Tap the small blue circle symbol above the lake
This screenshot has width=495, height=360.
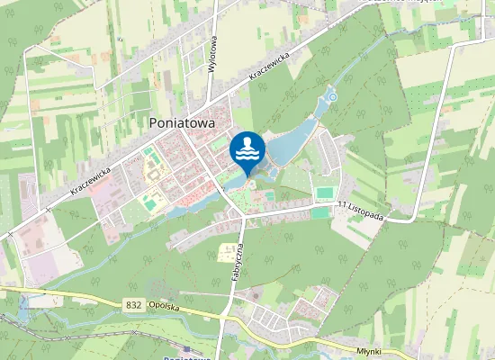coord(331,96)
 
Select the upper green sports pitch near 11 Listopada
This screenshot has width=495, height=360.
coord(325,193)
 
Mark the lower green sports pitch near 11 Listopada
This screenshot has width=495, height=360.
coord(321,213)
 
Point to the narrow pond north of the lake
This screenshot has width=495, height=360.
coord(319,112)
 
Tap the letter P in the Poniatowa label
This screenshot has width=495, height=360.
coord(152,122)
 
